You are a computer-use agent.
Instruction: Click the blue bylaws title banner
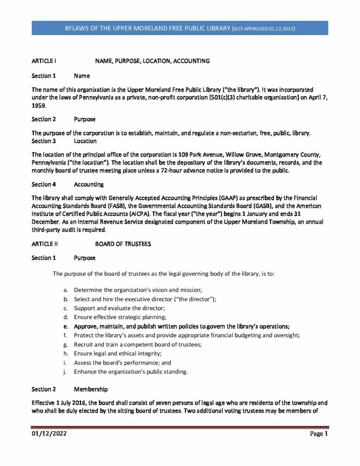click(x=180, y=28)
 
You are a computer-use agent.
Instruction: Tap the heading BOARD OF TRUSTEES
click(x=123, y=244)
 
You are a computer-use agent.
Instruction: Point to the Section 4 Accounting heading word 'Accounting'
click(x=88, y=184)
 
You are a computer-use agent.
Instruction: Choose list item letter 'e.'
click(x=66, y=326)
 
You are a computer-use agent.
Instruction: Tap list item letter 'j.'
click(x=66, y=372)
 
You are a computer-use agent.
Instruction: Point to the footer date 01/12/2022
click(x=50, y=434)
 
